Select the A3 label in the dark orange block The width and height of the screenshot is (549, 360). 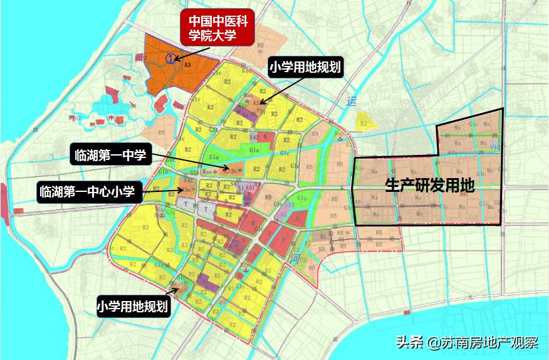tap(187, 63)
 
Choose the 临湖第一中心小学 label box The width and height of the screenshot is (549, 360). tap(85, 191)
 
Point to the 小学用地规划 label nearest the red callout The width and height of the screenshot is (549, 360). tap(305, 67)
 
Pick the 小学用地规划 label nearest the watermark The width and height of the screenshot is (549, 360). tap(133, 307)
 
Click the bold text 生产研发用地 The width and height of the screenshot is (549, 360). tap(429, 186)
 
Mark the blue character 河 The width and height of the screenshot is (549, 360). tap(296, 258)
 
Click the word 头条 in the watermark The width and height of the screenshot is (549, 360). tap(408, 343)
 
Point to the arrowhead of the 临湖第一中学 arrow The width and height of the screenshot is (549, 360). tap(214, 170)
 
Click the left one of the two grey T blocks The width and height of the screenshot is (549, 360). tap(186, 204)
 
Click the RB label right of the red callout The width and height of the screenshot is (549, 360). tap(259, 45)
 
